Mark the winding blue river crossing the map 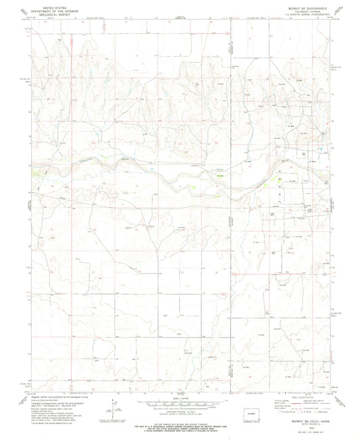pos(169,177)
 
